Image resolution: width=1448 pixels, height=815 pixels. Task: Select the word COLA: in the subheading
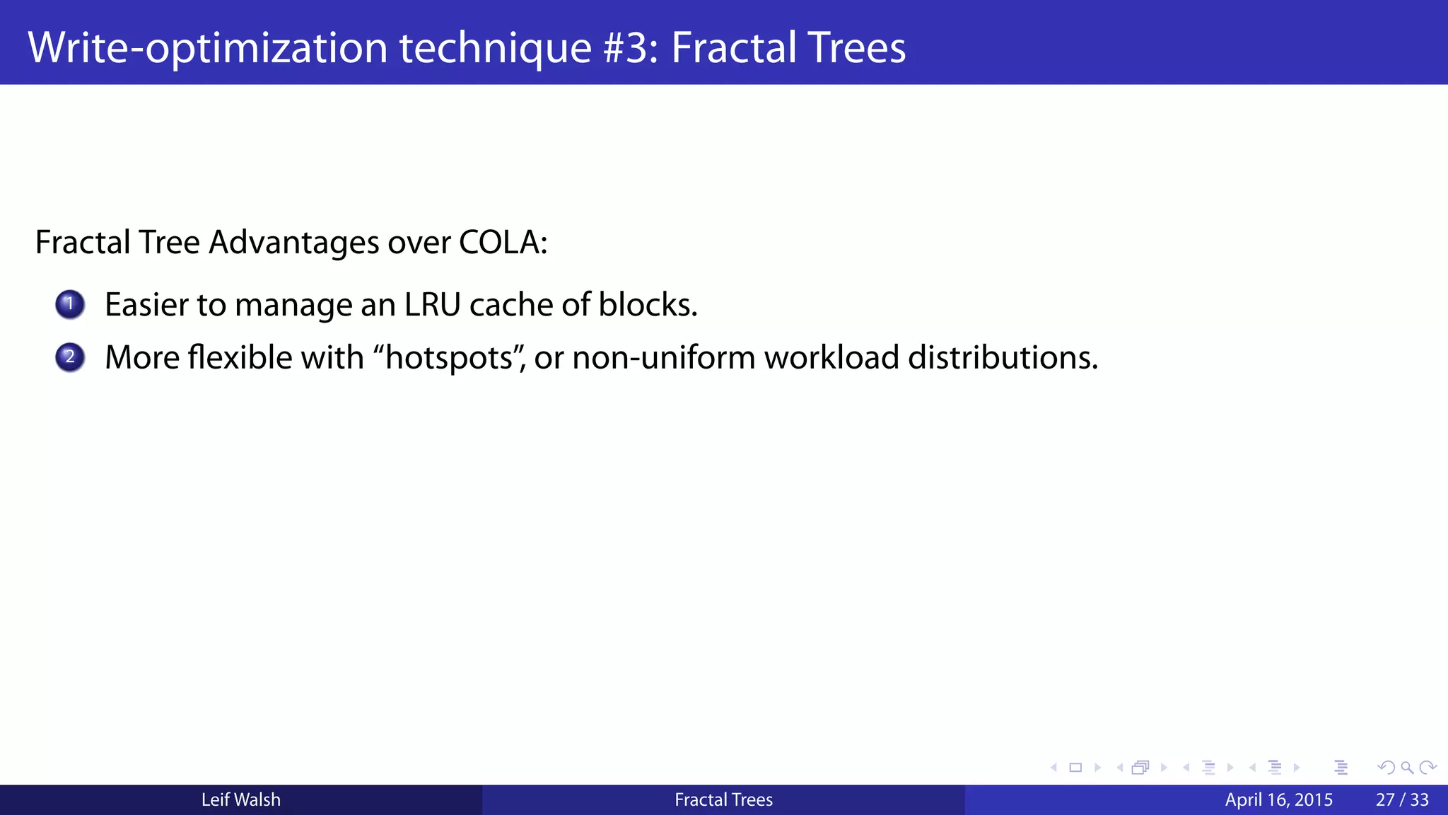[503, 243]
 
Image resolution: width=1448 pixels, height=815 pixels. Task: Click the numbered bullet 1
[70, 305]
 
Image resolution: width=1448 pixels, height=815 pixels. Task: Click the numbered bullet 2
[70, 357]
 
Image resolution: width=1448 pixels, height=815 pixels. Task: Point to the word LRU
[432, 305]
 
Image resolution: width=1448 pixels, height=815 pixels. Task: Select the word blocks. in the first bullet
[648, 305]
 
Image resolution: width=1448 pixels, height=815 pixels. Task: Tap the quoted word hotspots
[449, 357]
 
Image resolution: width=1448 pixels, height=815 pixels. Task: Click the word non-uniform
[664, 357]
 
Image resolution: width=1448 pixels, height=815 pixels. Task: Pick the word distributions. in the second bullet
[1003, 357]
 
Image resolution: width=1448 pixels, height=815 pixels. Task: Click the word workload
[831, 357]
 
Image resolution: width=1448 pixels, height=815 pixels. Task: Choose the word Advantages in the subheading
[294, 243]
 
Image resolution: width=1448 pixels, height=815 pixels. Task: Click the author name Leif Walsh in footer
[241, 800]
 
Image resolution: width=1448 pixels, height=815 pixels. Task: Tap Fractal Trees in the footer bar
[723, 800]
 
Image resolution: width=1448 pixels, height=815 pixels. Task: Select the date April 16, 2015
[1278, 800]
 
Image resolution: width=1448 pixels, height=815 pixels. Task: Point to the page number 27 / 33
[1402, 800]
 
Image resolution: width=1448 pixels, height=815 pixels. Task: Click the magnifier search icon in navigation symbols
[1407, 768]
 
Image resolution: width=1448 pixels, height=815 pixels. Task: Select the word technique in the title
[495, 48]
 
